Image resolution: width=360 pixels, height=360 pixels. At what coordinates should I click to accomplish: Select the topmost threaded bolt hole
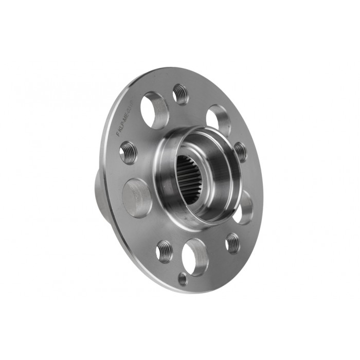pos(181,94)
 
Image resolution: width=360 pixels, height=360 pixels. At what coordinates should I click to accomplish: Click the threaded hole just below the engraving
pos(129,153)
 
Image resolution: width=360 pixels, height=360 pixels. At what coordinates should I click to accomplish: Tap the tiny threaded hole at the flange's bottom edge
pos(182,278)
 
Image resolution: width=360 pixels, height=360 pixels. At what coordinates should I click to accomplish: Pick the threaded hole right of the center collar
pos(240,151)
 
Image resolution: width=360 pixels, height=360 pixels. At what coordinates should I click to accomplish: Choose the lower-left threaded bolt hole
pos(165,250)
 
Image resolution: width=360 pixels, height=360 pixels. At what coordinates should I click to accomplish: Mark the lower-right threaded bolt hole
pos(232,242)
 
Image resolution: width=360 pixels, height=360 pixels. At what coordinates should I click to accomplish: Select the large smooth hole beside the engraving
pos(155,110)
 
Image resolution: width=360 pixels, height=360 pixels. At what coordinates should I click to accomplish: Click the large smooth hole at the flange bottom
pos(195,257)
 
